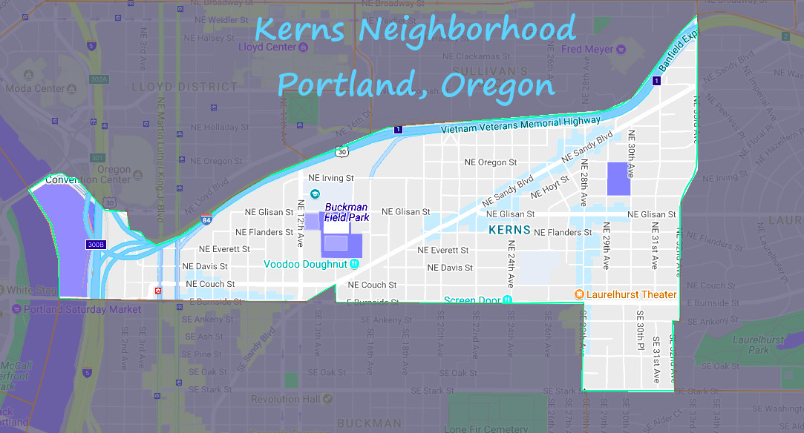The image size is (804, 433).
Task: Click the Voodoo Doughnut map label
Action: (x=306, y=264)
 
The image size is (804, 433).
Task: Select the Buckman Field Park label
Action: (x=346, y=212)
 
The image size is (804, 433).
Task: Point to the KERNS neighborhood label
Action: (x=509, y=230)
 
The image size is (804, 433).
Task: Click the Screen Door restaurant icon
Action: (x=507, y=300)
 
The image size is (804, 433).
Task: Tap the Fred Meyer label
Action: (x=587, y=50)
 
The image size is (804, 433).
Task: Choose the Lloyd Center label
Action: (x=267, y=47)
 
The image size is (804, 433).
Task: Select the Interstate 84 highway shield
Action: (x=206, y=220)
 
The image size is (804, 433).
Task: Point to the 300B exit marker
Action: (x=96, y=244)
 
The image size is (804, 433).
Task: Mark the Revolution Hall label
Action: (x=285, y=399)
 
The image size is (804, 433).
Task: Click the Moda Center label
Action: (x=39, y=88)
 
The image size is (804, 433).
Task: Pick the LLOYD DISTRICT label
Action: (x=185, y=87)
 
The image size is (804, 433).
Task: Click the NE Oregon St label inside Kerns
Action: (x=490, y=162)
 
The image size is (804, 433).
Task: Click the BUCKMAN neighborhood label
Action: (x=369, y=424)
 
